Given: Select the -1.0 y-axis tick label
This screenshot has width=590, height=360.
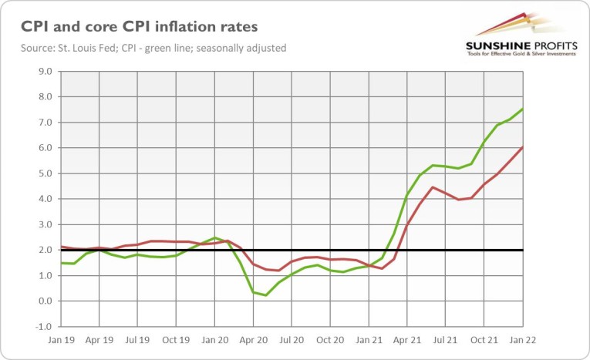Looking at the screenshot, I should coord(42,326).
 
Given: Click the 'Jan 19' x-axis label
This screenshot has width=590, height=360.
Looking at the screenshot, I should coord(61,338).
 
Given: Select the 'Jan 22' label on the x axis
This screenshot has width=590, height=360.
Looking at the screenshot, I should coord(524,338).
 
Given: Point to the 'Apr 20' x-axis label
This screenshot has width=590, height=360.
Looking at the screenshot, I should coord(254,338).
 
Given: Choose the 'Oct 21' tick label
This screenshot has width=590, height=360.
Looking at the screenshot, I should coord(485,338).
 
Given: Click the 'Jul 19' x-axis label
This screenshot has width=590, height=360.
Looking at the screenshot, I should coord(138,338).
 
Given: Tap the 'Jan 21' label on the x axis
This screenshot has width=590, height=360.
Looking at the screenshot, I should coord(369,338).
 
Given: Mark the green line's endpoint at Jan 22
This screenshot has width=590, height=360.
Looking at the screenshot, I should coord(524,109).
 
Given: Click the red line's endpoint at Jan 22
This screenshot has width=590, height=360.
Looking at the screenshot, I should coord(524,147).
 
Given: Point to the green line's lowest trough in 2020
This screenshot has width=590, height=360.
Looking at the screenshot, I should coord(266,295).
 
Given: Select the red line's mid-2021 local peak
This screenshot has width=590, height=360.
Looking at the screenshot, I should coord(433,187).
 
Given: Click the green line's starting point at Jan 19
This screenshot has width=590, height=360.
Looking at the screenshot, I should coord(61,263).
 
